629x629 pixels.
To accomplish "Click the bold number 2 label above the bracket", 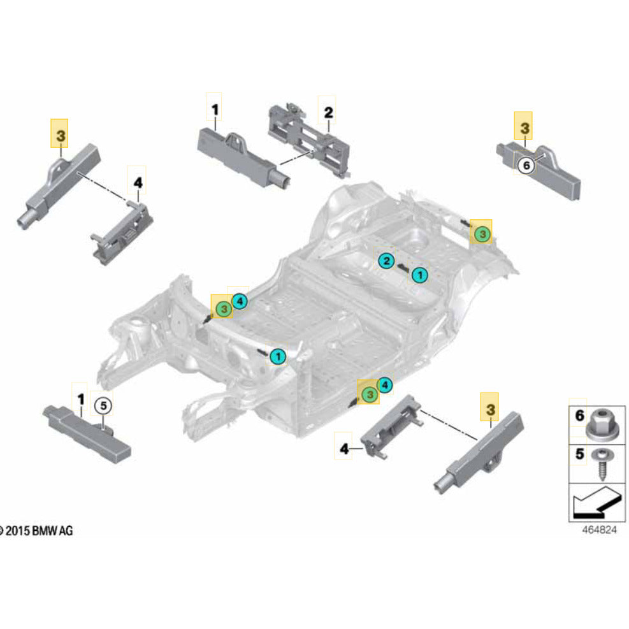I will [328, 113].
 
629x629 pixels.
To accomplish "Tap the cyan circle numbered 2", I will [385, 260].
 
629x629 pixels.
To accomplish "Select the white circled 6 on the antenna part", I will [525, 165].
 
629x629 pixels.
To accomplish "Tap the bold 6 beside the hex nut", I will [579, 416].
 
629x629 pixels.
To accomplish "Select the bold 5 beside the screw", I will [579, 454].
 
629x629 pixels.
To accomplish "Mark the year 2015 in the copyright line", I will [20, 531].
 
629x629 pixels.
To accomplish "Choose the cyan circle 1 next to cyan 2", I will [419, 275].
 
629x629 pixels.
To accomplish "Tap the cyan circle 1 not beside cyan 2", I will [278, 356].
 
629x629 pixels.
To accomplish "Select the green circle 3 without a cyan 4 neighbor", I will [482, 234].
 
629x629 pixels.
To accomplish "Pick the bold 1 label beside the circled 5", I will [81, 400].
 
